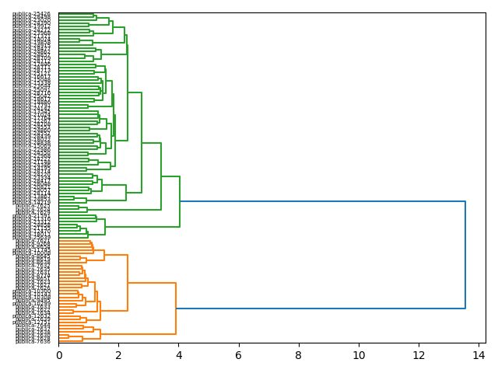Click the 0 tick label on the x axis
click(x=58, y=354)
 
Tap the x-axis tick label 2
click(x=118, y=354)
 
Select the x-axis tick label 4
click(x=178, y=354)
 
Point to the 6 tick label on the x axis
click(x=239, y=354)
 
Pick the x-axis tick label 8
click(x=299, y=354)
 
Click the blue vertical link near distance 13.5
click(x=465, y=255)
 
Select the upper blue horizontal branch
click(x=322, y=201)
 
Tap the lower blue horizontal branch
click(x=321, y=309)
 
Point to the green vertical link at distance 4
click(x=180, y=201)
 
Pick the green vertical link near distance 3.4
click(x=161, y=176)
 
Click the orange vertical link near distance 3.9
click(x=176, y=309)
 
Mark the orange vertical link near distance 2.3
click(x=128, y=283)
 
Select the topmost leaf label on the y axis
click(x=31, y=14)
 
